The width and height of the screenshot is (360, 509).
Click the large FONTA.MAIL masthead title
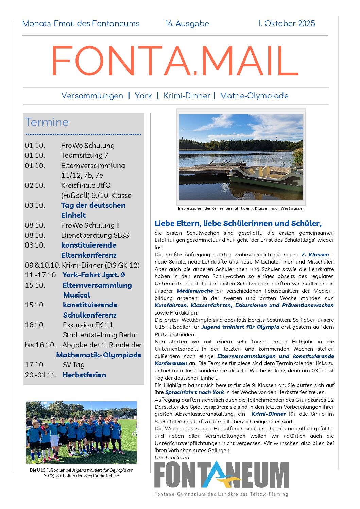(x=175, y=61)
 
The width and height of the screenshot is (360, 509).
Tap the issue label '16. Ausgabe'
(x=187, y=23)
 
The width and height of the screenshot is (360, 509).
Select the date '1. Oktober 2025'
(x=286, y=23)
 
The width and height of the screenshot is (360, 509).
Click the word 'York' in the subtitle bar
(x=143, y=96)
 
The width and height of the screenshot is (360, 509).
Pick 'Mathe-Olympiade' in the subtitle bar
(x=254, y=96)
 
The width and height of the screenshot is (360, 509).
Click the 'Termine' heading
(x=47, y=122)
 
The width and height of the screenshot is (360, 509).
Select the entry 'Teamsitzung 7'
(x=85, y=155)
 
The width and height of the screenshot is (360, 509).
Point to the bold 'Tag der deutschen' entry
(x=93, y=205)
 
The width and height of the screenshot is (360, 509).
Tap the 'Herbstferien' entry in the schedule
(x=84, y=375)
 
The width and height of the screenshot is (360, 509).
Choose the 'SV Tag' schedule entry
(x=73, y=365)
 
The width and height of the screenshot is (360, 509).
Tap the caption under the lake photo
(x=241, y=208)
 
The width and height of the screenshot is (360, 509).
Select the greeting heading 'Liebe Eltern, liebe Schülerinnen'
(x=238, y=223)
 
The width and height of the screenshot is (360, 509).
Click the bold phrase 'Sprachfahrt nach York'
(x=194, y=392)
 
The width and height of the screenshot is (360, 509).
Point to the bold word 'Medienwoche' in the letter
(x=195, y=291)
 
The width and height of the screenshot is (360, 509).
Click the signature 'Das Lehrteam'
(x=172, y=458)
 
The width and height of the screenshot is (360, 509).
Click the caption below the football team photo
(x=82, y=473)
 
